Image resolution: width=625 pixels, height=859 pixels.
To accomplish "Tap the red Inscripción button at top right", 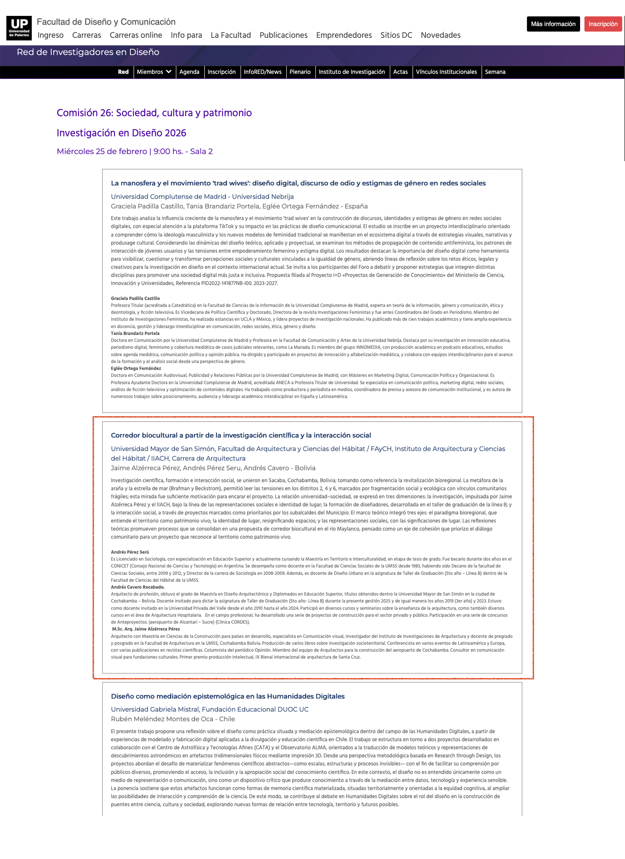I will [x=603, y=24].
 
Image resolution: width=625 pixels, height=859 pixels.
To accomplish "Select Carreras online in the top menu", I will [x=136, y=35].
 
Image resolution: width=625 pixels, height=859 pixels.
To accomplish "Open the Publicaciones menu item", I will [x=283, y=35].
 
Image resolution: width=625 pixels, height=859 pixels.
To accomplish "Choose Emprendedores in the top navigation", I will [x=344, y=35].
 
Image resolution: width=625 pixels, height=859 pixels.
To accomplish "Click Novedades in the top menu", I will [x=440, y=35].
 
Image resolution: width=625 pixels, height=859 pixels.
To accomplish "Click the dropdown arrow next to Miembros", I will [x=169, y=72].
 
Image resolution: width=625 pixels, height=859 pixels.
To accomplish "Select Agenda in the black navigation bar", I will [x=189, y=72].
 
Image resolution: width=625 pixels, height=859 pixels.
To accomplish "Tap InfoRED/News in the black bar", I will [x=262, y=72].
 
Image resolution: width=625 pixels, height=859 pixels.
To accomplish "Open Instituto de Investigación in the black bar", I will [x=351, y=72].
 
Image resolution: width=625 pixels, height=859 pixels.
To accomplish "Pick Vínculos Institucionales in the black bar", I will [x=446, y=72].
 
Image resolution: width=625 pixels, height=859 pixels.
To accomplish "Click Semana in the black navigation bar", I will [x=495, y=72].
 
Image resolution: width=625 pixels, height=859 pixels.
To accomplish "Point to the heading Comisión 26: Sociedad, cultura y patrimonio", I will [x=154, y=113].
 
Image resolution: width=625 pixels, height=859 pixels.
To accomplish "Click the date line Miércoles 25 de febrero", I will [x=135, y=151].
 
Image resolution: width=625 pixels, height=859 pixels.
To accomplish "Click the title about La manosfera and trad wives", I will [x=298, y=183].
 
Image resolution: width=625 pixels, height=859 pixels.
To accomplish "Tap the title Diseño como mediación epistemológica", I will [x=227, y=696].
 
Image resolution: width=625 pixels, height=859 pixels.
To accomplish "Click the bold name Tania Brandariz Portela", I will [x=135, y=333].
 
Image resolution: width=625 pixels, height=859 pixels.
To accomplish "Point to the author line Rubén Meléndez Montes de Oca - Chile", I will [x=173, y=719].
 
